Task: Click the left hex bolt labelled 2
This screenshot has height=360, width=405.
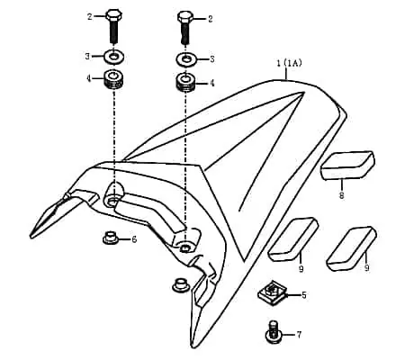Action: [113, 26]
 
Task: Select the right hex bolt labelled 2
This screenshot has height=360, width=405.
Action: [185, 28]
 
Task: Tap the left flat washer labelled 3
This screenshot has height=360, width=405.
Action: [113, 57]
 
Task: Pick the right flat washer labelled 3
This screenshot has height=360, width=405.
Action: [186, 58]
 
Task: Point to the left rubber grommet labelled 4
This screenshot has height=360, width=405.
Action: [113, 79]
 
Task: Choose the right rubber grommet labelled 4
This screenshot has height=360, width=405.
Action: [185, 82]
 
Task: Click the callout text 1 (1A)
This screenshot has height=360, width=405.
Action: [289, 63]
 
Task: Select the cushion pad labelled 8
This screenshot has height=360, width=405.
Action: [347, 165]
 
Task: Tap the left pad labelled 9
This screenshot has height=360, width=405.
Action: [292, 239]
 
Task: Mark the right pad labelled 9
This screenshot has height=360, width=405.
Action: [351, 247]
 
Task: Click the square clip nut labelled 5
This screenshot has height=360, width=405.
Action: [272, 292]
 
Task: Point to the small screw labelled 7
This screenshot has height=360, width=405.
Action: [273, 332]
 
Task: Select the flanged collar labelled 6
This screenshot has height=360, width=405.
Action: [111, 237]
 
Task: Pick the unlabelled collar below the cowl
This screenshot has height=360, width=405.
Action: [181, 284]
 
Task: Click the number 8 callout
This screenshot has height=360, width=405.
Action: [341, 195]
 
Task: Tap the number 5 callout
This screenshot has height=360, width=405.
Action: [304, 295]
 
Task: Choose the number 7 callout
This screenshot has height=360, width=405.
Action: [299, 335]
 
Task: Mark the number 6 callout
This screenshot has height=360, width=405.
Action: [134, 239]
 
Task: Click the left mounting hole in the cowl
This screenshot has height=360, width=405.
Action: [112, 201]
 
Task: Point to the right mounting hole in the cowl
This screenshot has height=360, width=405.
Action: [184, 247]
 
